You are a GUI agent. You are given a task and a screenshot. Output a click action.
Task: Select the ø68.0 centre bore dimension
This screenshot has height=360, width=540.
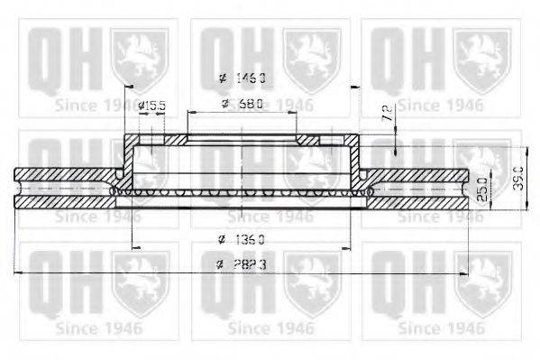pos(243,104)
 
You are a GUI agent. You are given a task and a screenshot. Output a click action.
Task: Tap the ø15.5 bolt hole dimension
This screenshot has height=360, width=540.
pos(153,105)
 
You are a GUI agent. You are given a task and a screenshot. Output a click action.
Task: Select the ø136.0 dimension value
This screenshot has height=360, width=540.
pos(243,239)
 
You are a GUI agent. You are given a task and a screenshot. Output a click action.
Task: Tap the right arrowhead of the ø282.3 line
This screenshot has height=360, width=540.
pos(464,272)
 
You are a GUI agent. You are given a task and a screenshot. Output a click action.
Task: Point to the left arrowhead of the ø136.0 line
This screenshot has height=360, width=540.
pos(135,248)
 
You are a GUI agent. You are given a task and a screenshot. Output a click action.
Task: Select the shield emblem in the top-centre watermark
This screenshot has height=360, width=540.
pos(311,55)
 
